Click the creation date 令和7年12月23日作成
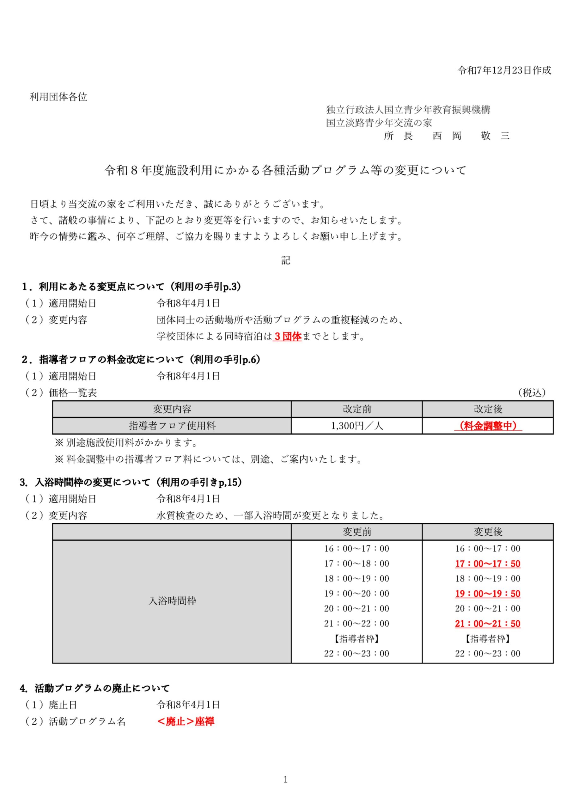point(504,70)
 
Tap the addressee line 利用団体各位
point(58,97)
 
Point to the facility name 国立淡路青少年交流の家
point(379,123)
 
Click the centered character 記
point(285,260)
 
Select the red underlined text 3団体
point(287,337)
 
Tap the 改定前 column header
point(357,409)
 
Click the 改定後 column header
point(488,409)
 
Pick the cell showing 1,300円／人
point(357,426)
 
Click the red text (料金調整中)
point(488,426)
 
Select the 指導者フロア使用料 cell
point(172,426)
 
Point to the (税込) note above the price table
point(532,392)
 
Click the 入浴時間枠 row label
point(172,601)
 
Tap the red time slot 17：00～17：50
point(488,564)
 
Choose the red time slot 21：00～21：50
point(488,624)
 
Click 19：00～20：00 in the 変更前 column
point(357,594)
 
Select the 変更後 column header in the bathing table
point(488,532)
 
